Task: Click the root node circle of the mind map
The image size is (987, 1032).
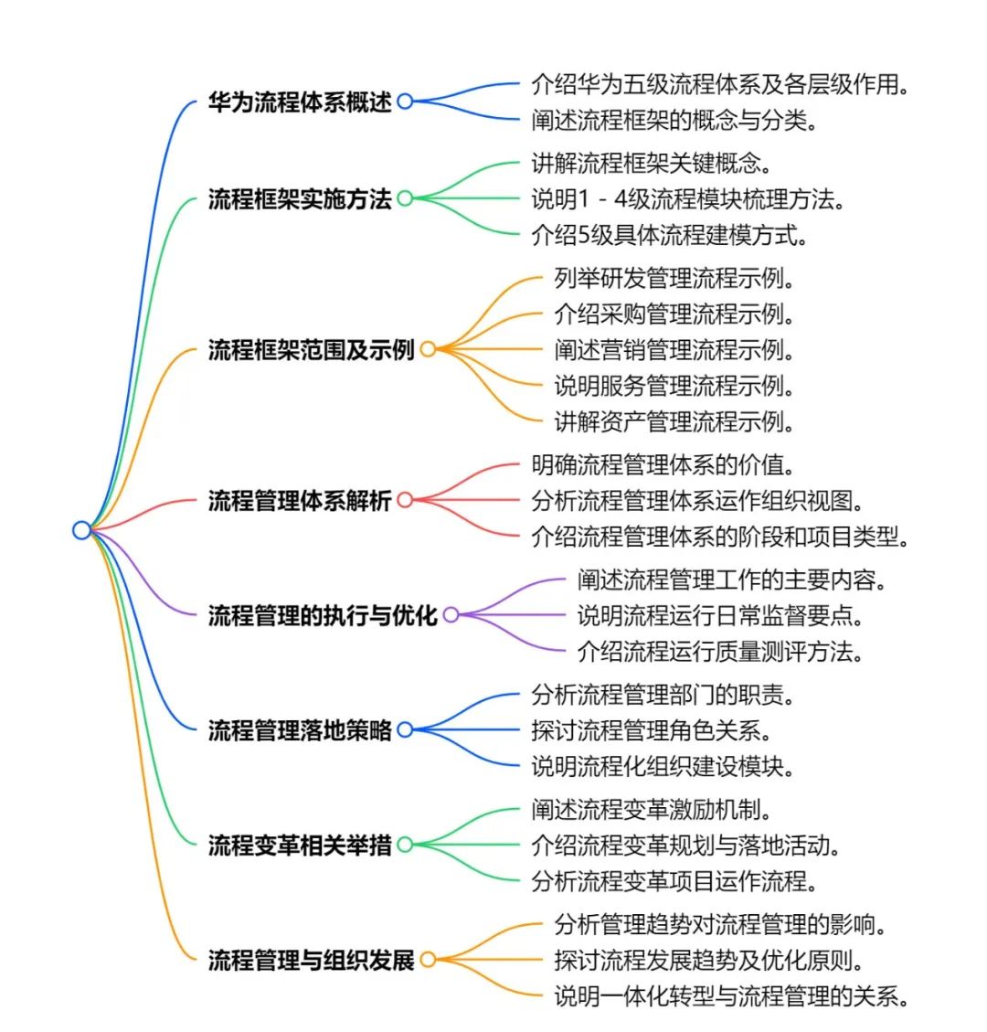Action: pos(82,530)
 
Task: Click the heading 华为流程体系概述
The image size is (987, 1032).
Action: pos(300,101)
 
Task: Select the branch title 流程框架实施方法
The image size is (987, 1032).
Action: pos(300,198)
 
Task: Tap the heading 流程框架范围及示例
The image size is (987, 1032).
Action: pos(312,349)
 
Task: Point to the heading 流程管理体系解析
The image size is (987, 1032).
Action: pos(300,500)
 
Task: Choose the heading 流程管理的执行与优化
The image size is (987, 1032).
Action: pos(323,615)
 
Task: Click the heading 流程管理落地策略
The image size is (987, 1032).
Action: pos(300,729)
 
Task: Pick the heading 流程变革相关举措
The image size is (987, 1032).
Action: pos(300,845)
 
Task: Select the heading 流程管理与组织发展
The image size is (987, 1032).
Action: pos(312,960)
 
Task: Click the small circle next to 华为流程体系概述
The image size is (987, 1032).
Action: pos(405,101)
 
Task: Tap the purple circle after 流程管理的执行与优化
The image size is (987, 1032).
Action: pos(451,615)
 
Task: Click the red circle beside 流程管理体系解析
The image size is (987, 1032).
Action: pos(405,500)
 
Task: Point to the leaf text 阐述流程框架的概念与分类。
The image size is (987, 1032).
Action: pos(674,120)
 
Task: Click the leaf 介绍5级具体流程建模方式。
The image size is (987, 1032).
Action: pos(670,235)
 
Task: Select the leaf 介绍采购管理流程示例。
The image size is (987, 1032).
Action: pos(674,314)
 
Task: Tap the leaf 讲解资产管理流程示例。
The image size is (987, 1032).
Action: pos(674,421)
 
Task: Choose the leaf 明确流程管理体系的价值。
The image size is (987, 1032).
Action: pos(663,464)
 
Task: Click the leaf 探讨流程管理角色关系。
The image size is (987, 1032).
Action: pos(652,729)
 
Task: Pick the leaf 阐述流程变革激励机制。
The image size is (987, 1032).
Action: pos(652,809)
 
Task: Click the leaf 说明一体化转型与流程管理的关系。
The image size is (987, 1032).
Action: pos(731,995)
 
